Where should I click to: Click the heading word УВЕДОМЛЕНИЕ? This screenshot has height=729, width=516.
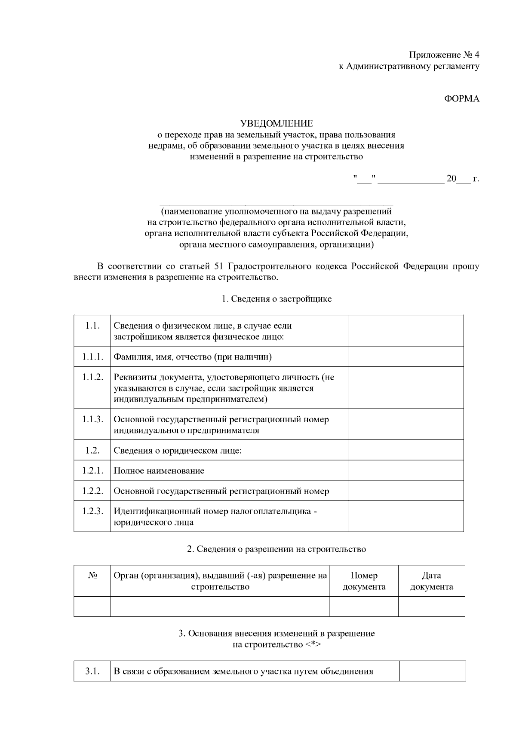click(x=276, y=124)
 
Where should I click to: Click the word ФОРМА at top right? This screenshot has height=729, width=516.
click(x=461, y=99)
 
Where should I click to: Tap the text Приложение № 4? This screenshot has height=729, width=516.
click(x=444, y=55)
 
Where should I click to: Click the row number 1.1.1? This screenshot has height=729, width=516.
click(x=92, y=357)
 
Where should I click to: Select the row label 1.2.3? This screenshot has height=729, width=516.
click(x=92, y=511)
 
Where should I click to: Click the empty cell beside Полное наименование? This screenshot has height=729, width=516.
click(x=405, y=470)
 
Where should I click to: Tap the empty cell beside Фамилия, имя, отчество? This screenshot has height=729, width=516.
click(x=405, y=357)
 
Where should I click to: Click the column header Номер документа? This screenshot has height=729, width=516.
click(x=364, y=581)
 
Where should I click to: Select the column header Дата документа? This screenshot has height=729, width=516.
click(x=431, y=581)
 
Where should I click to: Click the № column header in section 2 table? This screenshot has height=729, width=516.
click(x=92, y=576)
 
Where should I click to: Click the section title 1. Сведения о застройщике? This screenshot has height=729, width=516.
click(x=276, y=299)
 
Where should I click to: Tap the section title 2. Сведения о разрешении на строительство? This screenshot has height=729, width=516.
click(x=276, y=549)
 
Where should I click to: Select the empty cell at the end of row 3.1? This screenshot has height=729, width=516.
click(x=432, y=671)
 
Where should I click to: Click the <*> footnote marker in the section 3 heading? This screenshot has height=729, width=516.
click(x=313, y=645)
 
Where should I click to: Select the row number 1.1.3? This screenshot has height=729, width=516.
click(x=92, y=419)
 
